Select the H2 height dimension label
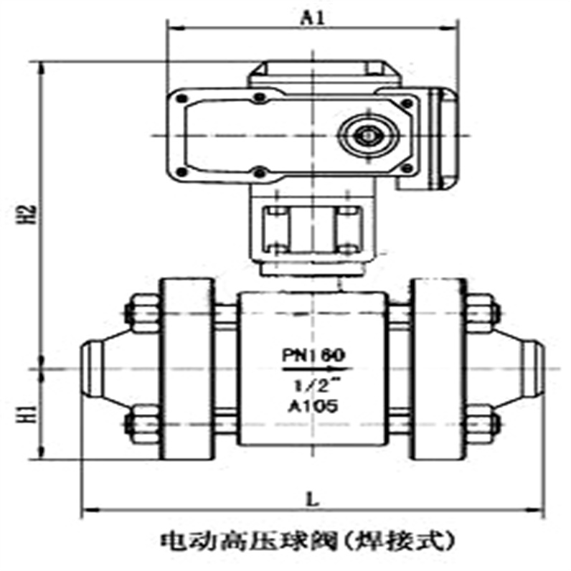point(27,214)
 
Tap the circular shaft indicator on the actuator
point(369,134)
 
